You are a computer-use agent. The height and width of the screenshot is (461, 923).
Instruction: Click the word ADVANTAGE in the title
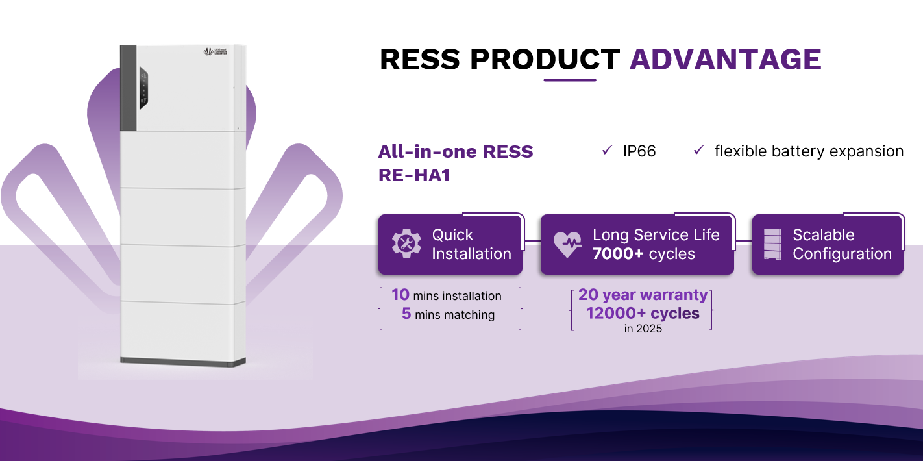726,59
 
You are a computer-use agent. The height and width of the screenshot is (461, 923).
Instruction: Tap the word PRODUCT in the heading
545,59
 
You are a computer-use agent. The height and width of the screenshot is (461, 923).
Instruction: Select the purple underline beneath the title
570,80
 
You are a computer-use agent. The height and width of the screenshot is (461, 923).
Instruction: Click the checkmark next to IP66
608,150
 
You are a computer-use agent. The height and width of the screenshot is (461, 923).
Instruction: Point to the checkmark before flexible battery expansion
699,150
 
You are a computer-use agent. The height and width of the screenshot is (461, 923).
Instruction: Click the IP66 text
639,151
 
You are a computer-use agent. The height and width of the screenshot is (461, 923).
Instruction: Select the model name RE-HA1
413,175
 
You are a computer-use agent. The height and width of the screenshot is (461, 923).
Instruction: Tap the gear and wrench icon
406,243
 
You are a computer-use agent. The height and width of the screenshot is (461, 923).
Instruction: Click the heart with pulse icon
567,244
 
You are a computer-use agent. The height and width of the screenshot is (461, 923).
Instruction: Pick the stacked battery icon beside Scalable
772,244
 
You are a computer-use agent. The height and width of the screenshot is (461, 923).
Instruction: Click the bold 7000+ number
618,254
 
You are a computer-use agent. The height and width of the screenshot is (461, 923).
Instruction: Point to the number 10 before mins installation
400,295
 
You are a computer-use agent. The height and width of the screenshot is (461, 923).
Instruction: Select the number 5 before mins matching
406,314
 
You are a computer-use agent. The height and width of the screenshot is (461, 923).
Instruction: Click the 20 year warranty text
643,295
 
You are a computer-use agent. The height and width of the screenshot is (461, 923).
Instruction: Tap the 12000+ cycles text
643,314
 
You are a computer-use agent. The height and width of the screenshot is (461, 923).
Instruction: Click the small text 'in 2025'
643,329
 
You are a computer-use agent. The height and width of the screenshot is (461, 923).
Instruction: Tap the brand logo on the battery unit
215,51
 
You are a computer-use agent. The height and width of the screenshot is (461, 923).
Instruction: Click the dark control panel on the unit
143,88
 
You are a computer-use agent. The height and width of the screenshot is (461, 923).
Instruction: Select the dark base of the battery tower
183,362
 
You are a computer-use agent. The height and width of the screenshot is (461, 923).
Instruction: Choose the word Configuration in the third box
843,254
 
